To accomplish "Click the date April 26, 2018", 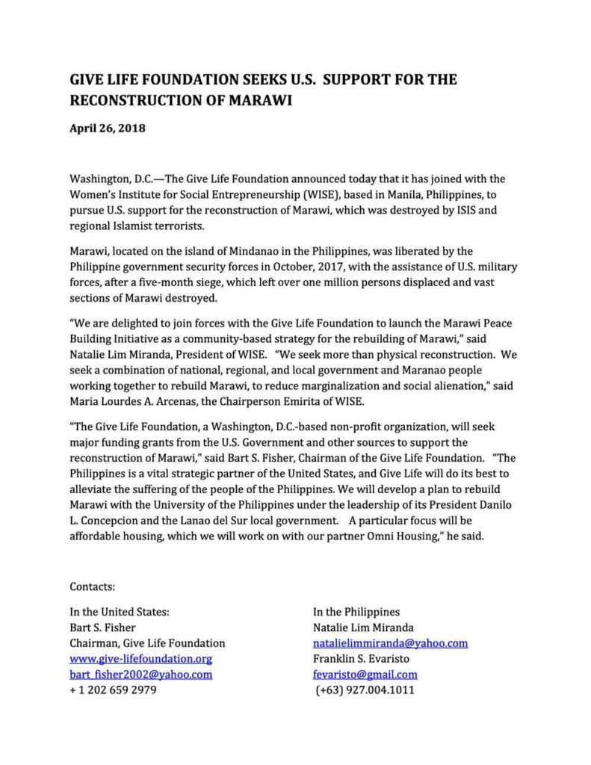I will [108, 128].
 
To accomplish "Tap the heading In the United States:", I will [120, 611].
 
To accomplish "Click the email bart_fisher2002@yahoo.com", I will [140, 674].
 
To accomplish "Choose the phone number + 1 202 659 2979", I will [113, 690].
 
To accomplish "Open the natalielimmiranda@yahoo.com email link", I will [390, 642].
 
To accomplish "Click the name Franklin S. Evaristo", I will [364, 658].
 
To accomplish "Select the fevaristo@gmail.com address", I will [365, 674].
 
